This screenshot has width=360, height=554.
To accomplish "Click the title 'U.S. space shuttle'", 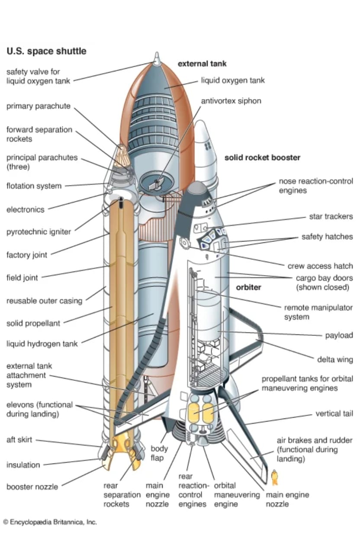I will click(x=46, y=51).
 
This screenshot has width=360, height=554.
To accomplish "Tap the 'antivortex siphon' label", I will click(x=231, y=101).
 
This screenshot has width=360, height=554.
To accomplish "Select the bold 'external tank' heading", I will click(x=202, y=64).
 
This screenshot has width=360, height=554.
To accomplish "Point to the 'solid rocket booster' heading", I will click(x=262, y=158).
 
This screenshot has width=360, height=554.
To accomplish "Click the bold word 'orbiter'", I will click(x=249, y=287).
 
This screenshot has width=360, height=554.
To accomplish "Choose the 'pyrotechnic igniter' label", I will click(x=39, y=232).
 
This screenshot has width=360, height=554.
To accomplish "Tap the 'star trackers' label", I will click(x=331, y=216).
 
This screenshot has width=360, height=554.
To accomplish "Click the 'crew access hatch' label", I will click(x=320, y=266).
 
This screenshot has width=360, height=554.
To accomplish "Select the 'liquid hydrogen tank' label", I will click(x=42, y=344).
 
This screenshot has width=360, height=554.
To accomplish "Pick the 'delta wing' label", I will click(x=335, y=360).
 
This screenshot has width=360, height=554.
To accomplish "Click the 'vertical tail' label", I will click(x=334, y=414).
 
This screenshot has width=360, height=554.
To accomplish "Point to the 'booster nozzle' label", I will click(x=32, y=487).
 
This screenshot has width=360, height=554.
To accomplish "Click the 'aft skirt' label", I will click(x=19, y=440).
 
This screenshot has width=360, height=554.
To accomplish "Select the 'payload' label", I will click(x=339, y=335).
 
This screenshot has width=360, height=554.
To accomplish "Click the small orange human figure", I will click(x=274, y=477).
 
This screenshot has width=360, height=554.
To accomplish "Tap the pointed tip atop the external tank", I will click(x=157, y=58).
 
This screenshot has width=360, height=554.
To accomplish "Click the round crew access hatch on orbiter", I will click(x=186, y=243).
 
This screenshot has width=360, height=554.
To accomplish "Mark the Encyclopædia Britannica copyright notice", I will click(x=50, y=522).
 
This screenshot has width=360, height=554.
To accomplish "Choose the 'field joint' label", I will click(x=22, y=277).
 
